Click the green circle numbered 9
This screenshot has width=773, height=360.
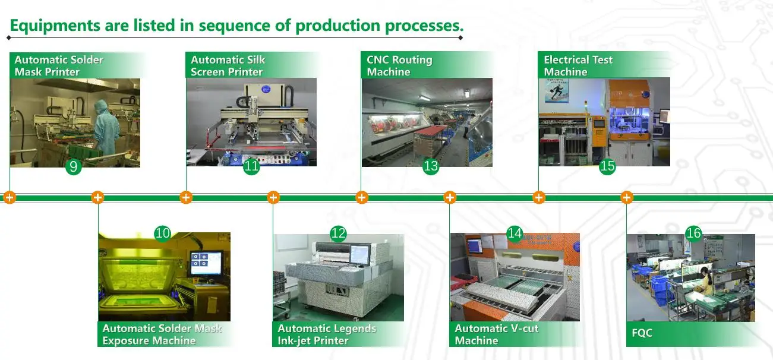click(74, 167)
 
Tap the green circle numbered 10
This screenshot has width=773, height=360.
click(163, 233)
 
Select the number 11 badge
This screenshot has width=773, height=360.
click(251, 166)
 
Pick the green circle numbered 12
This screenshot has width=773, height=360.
click(338, 233)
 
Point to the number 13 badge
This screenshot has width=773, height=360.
click(431, 166)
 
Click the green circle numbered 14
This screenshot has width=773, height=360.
click(515, 233)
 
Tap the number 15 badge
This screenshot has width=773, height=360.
click(607, 166)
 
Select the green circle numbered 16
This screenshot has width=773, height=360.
click(693, 233)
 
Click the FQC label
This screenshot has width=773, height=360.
click(642, 333)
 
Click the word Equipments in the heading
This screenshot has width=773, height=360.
click(55, 26)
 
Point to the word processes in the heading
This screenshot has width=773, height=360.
click(424, 26)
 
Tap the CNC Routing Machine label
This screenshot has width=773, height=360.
click(399, 65)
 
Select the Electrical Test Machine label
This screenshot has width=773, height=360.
click(578, 65)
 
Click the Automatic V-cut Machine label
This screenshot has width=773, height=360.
click(497, 334)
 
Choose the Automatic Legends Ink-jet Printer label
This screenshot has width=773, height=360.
click(326, 334)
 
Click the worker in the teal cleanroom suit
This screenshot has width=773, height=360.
click(106, 127)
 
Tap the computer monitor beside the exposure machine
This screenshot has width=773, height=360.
click(206, 263)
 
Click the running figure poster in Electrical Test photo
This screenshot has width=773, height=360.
click(557, 91)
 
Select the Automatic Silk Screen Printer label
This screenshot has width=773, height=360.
click(228, 65)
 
